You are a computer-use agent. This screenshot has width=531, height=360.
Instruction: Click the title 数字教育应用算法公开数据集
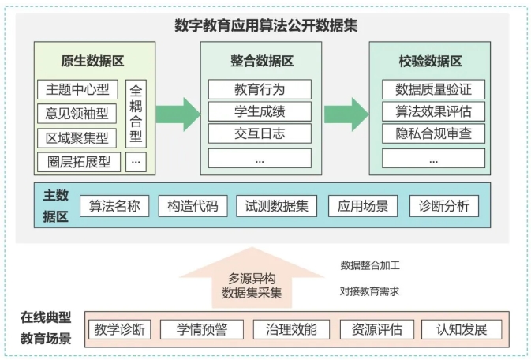[x=266, y=25]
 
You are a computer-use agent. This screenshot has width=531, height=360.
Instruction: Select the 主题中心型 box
[x=77, y=89]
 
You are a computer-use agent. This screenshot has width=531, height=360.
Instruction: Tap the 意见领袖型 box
[x=77, y=114]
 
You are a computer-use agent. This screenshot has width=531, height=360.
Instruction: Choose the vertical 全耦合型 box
[x=136, y=114]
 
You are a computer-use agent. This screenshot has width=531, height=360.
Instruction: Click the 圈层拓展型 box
[x=79, y=162]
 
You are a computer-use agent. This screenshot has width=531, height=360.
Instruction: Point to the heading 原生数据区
[x=92, y=62]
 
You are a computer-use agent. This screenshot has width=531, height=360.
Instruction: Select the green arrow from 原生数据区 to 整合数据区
[x=178, y=114]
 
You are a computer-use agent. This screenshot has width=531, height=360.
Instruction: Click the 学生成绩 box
[x=260, y=111]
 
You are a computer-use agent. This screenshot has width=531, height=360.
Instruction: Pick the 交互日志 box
[x=260, y=133]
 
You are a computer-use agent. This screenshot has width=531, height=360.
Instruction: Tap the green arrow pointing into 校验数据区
[x=346, y=114]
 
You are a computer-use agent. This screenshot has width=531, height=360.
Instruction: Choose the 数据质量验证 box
[x=433, y=89]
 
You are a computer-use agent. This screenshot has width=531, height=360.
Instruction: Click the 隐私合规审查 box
[x=433, y=133]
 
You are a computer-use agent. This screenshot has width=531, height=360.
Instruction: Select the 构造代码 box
[x=193, y=206]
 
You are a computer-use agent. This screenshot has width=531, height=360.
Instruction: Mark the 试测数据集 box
[x=277, y=206]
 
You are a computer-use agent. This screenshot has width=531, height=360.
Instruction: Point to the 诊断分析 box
[x=444, y=206]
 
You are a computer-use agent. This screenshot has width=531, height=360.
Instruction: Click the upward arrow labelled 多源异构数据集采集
[x=252, y=278]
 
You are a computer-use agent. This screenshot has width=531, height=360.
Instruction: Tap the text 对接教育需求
[x=369, y=291]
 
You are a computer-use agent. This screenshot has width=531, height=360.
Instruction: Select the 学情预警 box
[x=202, y=329]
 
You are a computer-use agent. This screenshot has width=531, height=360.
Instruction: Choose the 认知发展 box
[x=462, y=329]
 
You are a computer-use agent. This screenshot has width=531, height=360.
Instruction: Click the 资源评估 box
[x=377, y=329]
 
